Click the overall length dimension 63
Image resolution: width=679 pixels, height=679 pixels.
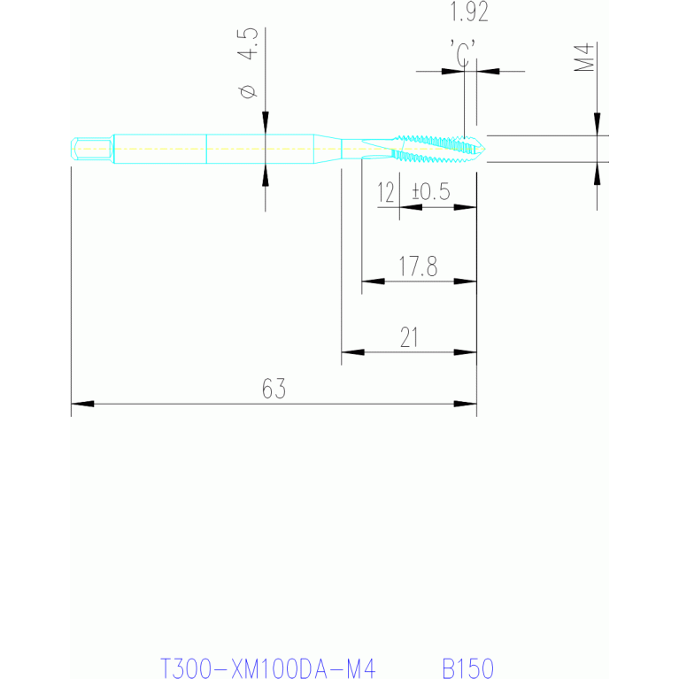[x=274, y=389]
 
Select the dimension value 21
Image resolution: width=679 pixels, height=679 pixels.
[x=409, y=337]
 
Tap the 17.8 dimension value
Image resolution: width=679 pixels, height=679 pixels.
[x=419, y=267]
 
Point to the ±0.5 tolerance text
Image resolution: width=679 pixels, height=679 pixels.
[x=431, y=192]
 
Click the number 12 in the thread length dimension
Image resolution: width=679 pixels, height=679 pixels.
[x=386, y=192]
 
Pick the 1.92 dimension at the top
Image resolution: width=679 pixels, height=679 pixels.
[x=469, y=13]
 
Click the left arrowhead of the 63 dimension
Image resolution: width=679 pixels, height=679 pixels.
[x=81, y=405]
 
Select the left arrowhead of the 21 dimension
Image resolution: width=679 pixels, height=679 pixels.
[x=352, y=352]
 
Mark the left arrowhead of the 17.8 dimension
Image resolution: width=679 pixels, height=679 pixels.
[x=372, y=282]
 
